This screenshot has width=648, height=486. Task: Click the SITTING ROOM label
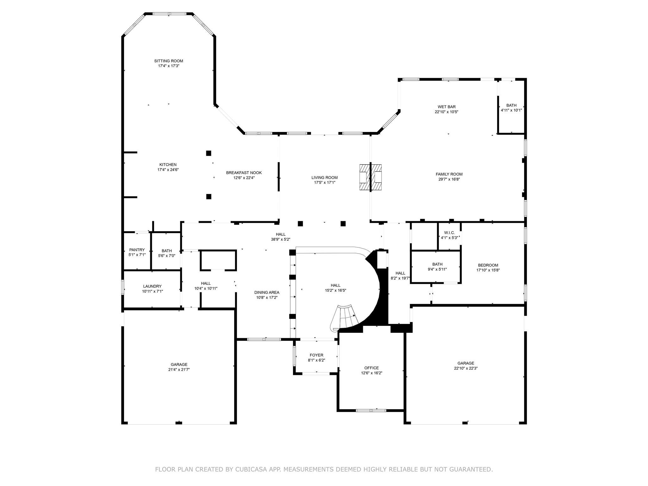168,61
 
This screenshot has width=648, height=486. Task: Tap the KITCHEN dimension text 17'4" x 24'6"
168,170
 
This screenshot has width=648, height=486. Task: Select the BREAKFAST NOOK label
244,172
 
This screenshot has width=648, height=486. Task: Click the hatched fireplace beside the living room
370,177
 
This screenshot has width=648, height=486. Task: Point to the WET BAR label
446,107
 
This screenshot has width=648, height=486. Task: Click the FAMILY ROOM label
449,174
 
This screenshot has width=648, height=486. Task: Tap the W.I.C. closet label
449,233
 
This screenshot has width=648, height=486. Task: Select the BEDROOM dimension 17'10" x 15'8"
488,270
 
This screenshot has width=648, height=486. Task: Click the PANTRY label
137,250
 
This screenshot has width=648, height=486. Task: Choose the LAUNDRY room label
152,286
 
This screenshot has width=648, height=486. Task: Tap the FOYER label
316,355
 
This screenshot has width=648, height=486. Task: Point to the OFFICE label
371,368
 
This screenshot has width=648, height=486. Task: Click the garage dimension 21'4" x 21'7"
179,370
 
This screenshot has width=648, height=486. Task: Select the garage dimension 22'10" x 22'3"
465,368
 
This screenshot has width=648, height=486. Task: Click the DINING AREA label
267,292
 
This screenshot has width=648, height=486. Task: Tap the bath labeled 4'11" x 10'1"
511,110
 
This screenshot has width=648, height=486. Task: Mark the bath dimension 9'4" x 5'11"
437,269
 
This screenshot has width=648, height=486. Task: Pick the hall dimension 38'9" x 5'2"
280,240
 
